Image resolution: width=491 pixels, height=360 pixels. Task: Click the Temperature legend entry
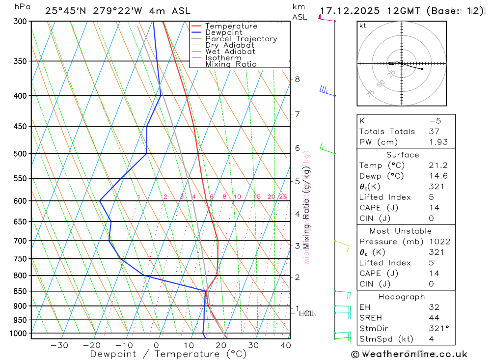[231, 26]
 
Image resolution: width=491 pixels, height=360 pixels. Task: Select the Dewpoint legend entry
[223, 32]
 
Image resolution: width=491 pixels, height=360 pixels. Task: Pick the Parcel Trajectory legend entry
[241, 39]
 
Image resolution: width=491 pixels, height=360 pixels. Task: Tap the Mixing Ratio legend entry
[231, 64]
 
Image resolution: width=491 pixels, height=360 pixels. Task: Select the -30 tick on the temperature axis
[59, 345]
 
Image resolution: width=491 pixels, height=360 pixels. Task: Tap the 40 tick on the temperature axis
[285, 345]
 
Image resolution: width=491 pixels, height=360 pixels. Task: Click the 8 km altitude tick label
[297, 79]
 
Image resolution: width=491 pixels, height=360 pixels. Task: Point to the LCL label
[306, 313]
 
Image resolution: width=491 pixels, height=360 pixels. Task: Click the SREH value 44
[434, 318]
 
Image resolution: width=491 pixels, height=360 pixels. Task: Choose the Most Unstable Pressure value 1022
[438, 242]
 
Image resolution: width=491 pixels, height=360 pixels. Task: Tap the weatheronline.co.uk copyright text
[409, 354]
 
